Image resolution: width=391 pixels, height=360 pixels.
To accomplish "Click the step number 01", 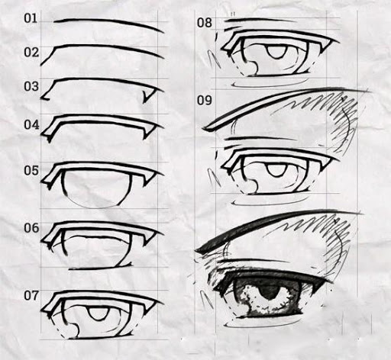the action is [31, 18].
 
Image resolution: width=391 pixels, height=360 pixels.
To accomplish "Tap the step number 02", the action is [31, 53].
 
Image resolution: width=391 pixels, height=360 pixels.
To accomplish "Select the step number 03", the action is [31, 86].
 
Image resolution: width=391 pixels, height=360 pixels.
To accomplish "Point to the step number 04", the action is [31, 125].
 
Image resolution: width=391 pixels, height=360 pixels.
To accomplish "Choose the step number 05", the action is [31, 170].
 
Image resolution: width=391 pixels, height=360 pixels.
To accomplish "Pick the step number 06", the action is [31, 228].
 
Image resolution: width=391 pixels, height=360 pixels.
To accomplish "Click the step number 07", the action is [31, 295].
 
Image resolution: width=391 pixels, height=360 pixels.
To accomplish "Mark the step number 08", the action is [204, 23].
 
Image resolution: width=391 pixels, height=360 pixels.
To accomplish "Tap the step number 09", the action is [204, 101].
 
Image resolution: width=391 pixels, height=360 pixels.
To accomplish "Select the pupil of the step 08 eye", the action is [276, 52].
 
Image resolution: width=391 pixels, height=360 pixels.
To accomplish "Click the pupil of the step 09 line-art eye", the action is [276, 170].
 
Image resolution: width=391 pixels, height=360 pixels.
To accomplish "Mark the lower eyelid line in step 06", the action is [101, 267].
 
